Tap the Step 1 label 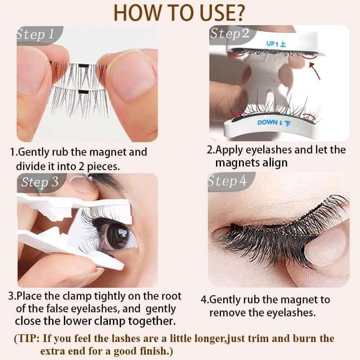coord(36,35)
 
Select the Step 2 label coord(229,34)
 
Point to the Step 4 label coord(227,181)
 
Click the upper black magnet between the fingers coord(83,66)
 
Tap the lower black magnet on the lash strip coord(83,92)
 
